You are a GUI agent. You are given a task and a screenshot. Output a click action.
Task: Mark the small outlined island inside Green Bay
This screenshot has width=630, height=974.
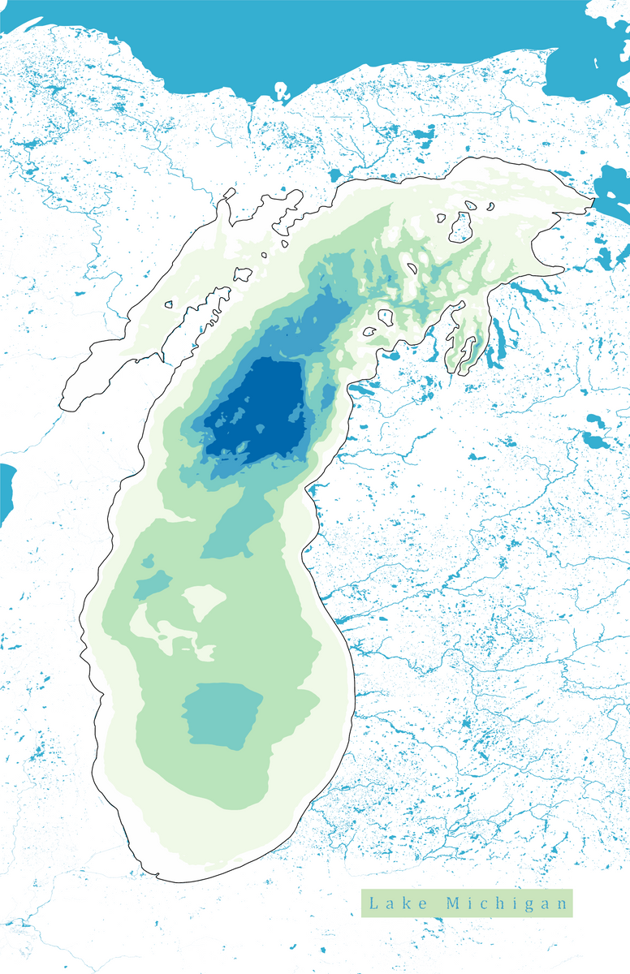click(169, 305)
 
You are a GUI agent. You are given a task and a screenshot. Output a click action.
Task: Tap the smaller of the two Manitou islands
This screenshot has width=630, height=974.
click(369, 332)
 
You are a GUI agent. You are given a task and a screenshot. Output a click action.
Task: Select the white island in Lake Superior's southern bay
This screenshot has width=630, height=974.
click(282, 90)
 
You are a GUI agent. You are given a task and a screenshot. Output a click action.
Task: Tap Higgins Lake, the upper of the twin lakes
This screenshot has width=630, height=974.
click(592, 421)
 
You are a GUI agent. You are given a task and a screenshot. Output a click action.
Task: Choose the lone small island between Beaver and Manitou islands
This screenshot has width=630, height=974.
click(412, 268)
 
